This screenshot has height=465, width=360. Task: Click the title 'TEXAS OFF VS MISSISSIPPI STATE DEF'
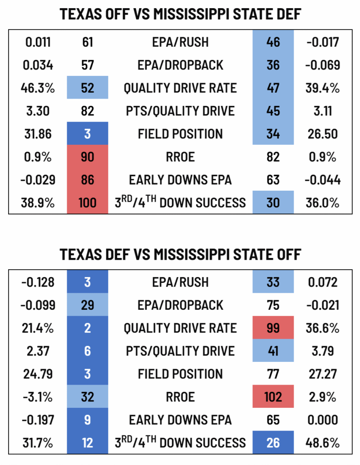pos(180,15)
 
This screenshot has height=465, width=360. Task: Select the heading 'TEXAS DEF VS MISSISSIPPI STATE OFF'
pos(180,254)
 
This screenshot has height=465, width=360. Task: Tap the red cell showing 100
pos(87,203)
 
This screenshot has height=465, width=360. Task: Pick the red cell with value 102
pos(273,396)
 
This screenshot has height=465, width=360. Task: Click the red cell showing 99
pos(273,328)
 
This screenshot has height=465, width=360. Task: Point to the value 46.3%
pos(38,88)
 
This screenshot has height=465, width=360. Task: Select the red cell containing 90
pos(87,157)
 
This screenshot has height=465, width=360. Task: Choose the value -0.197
pos(38,420)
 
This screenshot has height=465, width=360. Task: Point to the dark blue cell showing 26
pos(273,442)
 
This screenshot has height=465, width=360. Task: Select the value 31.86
pos(38,134)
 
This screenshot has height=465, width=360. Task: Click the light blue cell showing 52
pos(87,88)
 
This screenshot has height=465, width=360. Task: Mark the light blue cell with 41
pos(273,351)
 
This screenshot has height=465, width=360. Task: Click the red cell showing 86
pos(87,180)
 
